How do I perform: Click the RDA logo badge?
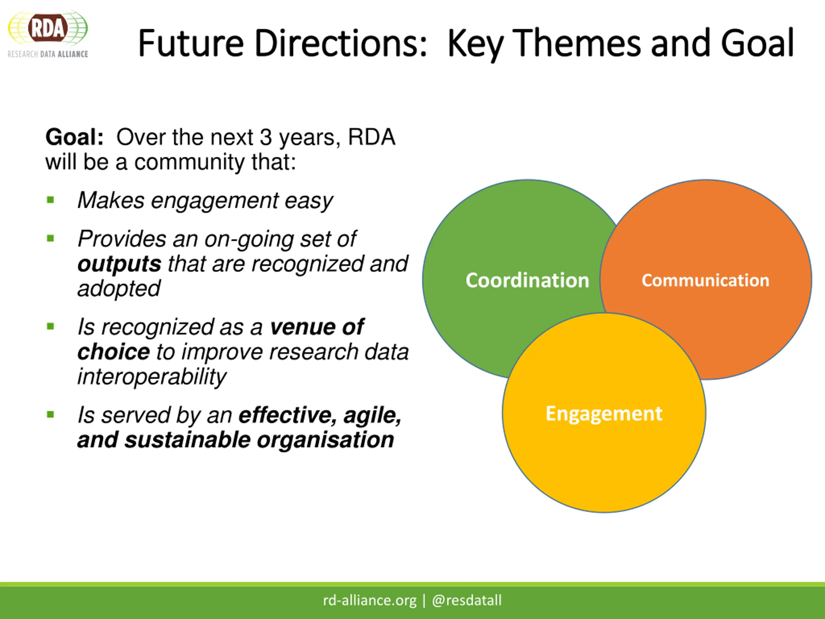pos(48,28)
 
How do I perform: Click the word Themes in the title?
pos(576,44)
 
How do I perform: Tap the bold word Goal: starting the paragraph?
pos(74,137)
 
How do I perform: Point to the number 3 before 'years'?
pos(266,137)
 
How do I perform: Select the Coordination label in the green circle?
pos(527,280)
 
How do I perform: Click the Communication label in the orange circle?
pos(705,280)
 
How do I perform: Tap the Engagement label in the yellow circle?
pos(604,413)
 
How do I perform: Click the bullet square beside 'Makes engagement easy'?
pos(51,200)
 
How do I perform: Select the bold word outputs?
pos(119,264)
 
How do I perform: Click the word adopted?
pos(119,289)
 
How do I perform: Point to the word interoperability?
pos(151,377)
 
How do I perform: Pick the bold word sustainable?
pos(187,440)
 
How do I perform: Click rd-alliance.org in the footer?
pos(369,600)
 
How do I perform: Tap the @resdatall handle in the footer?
pos(467,600)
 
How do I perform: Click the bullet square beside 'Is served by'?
pos(51,414)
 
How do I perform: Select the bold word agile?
pos(372,415)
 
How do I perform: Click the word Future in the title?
pos(190,44)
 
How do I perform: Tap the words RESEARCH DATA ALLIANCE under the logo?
pos(48,54)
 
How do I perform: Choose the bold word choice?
pos(113,352)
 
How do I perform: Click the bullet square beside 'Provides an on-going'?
pos(51,238)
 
